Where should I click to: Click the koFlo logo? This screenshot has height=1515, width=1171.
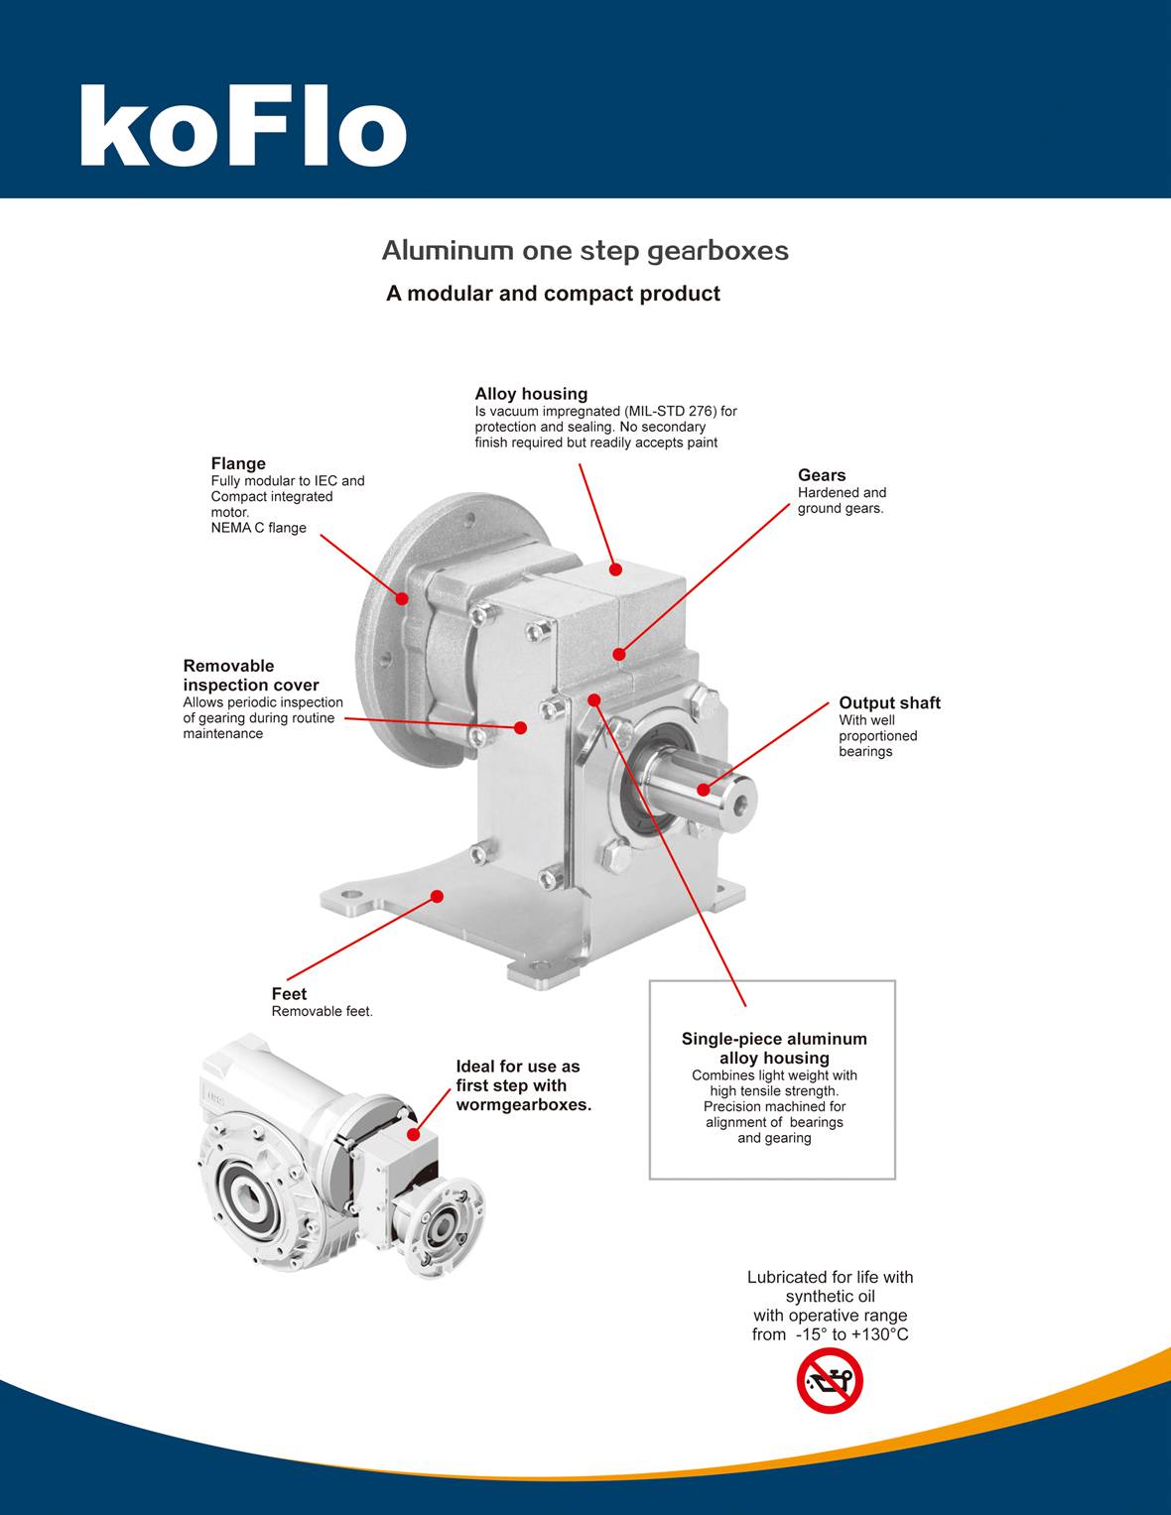point(243,127)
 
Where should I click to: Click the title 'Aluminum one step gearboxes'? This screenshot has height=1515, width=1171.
point(585,250)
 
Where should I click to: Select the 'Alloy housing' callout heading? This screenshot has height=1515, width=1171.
point(531,394)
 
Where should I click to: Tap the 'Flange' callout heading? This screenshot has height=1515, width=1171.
point(238,463)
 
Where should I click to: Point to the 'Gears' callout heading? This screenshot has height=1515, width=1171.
point(822,475)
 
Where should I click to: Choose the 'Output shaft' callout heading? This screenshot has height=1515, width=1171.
point(889,702)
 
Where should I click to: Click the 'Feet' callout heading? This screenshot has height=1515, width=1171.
point(289,994)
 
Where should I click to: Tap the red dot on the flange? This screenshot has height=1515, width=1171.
point(402,598)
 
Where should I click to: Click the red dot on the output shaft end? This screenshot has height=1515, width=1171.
point(704,790)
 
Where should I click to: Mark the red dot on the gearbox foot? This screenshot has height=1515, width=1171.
point(437,896)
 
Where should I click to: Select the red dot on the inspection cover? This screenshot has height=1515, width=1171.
point(520,727)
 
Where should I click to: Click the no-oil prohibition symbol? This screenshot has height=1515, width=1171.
point(830,1381)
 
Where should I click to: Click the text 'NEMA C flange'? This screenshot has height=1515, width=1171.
point(258,528)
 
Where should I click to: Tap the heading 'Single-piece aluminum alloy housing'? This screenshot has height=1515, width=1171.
point(774,1048)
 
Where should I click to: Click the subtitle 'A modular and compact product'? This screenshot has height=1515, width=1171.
point(553,294)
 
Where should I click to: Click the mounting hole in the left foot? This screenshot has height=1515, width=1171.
point(351,902)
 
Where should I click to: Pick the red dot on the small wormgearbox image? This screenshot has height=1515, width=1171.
point(414,1134)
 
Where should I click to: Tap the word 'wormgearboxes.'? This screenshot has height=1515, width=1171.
point(523,1105)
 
